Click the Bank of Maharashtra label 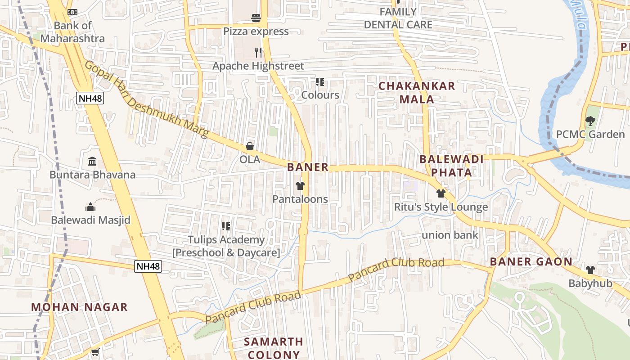tap(72, 32)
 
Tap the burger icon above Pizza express tap(256, 18)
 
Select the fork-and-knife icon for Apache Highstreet tap(258, 53)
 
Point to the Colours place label tap(320, 95)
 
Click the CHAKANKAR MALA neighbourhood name tap(417, 92)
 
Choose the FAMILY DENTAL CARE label tap(398, 18)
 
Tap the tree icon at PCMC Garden tap(590, 121)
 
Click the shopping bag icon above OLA tap(250, 147)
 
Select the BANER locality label tap(308, 167)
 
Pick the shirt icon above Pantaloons tap(300, 186)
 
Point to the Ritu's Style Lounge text tap(441, 207)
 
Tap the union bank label tap(450, 235)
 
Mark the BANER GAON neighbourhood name tap(531, 261)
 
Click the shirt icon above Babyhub tap(590, 270)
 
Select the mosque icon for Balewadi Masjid tap(90, 207)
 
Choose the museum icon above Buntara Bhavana tap(92, 161)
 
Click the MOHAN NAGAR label tap(79, 307)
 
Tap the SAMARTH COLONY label tap(274, 348)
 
